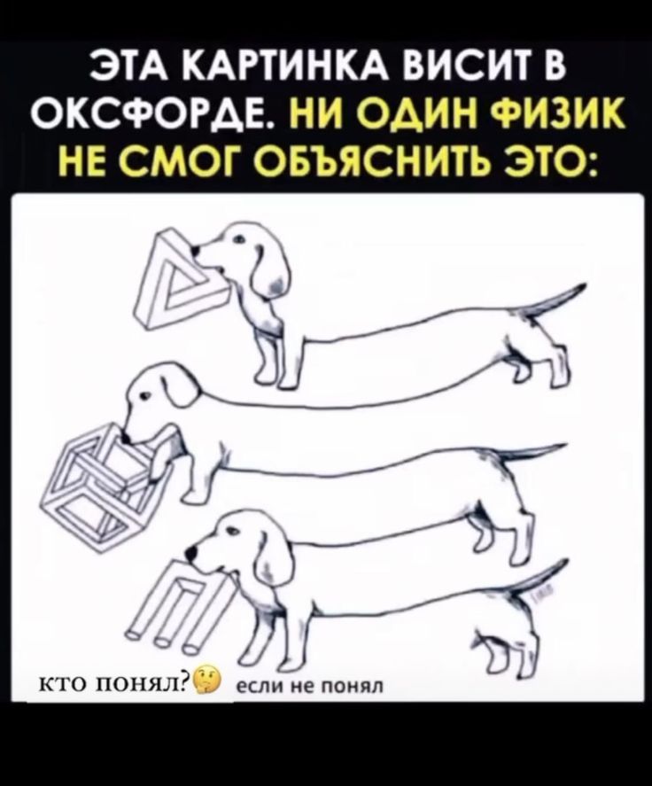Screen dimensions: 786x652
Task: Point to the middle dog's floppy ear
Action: click(181, 388)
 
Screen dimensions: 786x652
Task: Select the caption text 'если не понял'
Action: click(309, 686)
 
